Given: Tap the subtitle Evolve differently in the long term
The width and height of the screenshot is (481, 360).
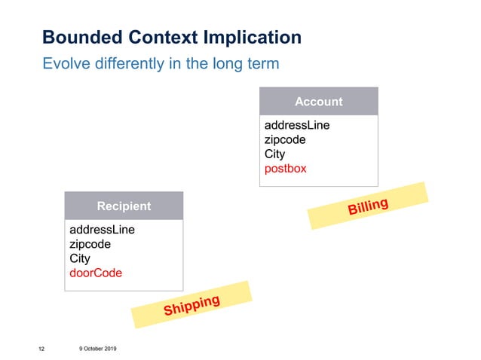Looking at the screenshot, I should [x=161, y=63].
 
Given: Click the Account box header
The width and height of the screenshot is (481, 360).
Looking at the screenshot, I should [x=318, y=102].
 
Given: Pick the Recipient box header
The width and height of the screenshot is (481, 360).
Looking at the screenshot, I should [x=124, y=206].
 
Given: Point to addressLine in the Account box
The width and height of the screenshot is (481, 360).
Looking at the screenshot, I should [x=297, y=125].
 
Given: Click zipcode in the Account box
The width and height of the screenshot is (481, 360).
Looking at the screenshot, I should [x=285, y=139].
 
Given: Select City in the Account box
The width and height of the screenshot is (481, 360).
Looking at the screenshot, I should [x=274, y=154].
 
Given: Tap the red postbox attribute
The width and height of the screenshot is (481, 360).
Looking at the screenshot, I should [x=286, y=168].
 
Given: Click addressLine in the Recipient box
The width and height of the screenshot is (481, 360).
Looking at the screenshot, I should [x=102, y=230].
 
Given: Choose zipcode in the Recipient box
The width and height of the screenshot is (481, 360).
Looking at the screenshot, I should [x=90, y=244].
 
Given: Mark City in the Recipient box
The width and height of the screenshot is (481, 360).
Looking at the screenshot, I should [x=79, y=258].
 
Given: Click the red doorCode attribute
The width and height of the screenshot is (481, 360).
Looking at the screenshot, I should [x=96, y=273].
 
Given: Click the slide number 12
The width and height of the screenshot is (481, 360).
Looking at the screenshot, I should [x=41, y=349].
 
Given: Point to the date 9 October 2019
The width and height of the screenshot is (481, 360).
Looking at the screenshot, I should [x=97, y=348].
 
